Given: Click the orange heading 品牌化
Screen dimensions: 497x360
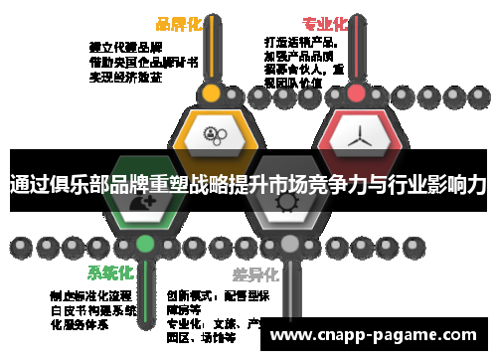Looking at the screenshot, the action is [x=179, y=23].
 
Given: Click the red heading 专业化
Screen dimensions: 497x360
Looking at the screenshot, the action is [x=325, y=23].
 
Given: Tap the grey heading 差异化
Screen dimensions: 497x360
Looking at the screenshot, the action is [x=255, y=273].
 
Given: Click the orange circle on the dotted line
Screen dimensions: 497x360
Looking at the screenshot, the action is [x=210, y=93].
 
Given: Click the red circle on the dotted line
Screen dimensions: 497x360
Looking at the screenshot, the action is [x=356, y=93].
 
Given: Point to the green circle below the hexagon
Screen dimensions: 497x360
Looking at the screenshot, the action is [x=145, y=243].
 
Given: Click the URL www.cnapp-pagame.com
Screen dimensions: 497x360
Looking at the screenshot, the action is [x=377, y=335].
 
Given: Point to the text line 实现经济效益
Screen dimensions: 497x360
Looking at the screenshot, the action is [x=125, y=76].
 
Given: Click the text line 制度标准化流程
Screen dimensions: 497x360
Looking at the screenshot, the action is [x=90, y=295].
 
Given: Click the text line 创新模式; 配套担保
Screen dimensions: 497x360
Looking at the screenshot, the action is [x=218, y=295].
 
